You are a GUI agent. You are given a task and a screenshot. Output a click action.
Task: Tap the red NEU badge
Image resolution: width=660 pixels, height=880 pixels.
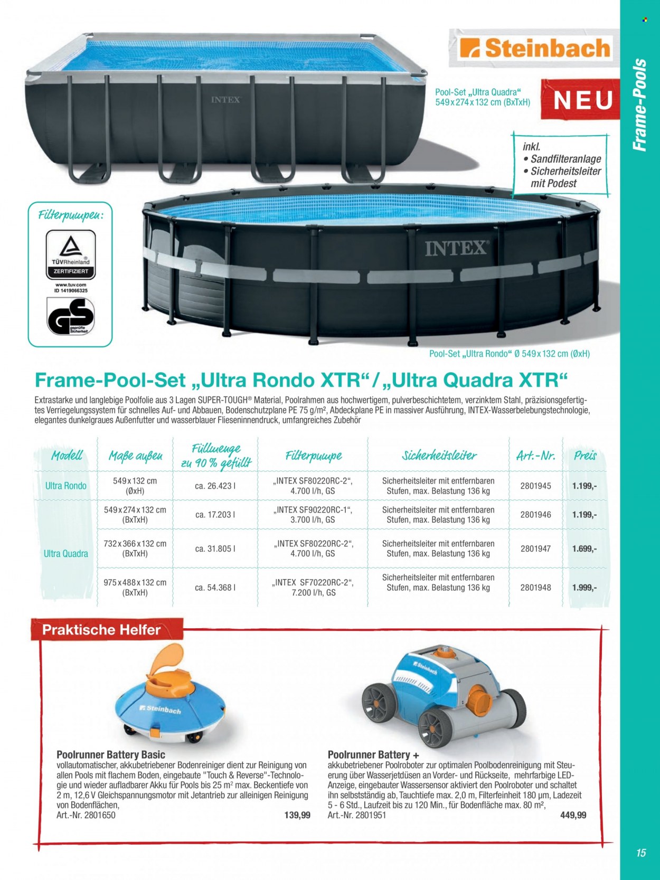[x=580, y=100]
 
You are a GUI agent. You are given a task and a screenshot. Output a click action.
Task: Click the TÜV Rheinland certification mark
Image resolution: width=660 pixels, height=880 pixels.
[x=71, y=255]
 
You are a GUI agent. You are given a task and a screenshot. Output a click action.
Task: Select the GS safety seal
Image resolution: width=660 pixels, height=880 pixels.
[x=71, y=316]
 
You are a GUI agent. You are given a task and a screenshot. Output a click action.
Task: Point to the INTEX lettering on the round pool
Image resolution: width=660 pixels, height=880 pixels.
[x=456, y=249]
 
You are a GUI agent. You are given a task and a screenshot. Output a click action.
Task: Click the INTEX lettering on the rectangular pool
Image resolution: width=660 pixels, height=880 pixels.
[x=226, y=99]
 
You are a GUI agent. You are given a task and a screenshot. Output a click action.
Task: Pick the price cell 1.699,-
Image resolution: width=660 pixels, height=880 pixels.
[x=584, y=548]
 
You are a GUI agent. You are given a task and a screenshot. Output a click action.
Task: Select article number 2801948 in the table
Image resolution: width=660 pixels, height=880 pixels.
[x=536, y=588]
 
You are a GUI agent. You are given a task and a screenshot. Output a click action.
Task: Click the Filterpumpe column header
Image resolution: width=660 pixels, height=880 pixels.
[x=314, y=456]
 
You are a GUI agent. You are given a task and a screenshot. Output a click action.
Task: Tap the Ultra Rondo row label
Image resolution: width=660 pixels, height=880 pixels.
[x=66, y=486]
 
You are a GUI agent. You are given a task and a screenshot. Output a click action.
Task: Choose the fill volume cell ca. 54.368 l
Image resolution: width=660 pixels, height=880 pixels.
[x=215, y=588]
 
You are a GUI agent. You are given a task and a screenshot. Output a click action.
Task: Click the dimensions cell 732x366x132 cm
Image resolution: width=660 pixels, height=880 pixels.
[x=135, y=548]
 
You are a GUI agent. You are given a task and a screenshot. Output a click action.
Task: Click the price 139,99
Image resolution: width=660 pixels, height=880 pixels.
[x=297, y=815]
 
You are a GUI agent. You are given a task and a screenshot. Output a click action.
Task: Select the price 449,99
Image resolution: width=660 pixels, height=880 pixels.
[x=573, y=815]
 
